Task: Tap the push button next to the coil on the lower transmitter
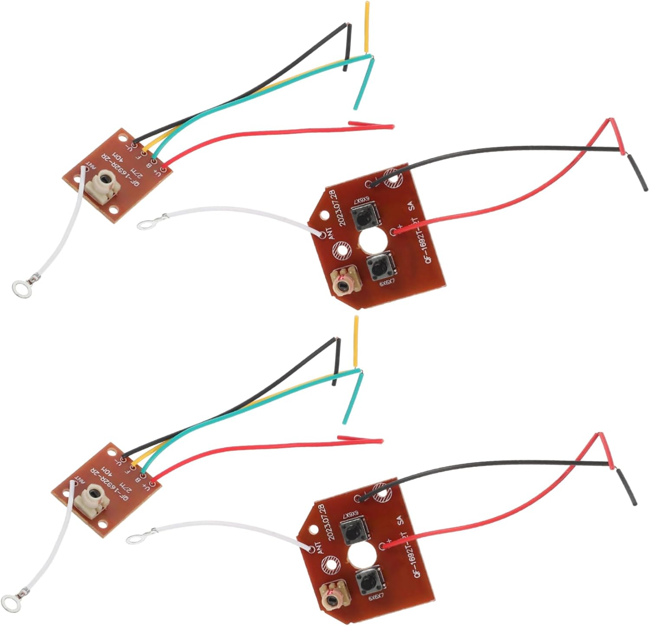(x=367, y=583)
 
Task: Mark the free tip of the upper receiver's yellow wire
(x=367, y=4)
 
